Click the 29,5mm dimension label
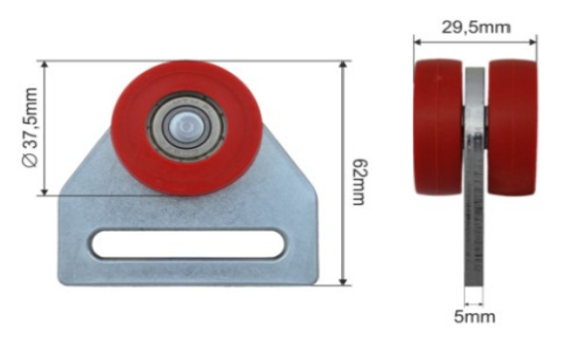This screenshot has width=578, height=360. pos(476,27)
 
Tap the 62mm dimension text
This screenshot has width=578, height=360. pos(359,182)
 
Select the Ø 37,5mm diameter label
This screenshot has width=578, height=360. pos(30,127)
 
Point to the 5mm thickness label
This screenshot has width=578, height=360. pos(475,317)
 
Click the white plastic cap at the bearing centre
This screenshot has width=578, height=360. pos(186,126)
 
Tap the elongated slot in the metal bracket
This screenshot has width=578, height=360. pos(188,244)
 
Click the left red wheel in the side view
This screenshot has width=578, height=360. pos(439,126)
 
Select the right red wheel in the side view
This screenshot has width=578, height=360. pos(512,127)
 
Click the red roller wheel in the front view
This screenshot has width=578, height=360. pos(186,127)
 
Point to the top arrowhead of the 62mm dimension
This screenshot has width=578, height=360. pos(343,65)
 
